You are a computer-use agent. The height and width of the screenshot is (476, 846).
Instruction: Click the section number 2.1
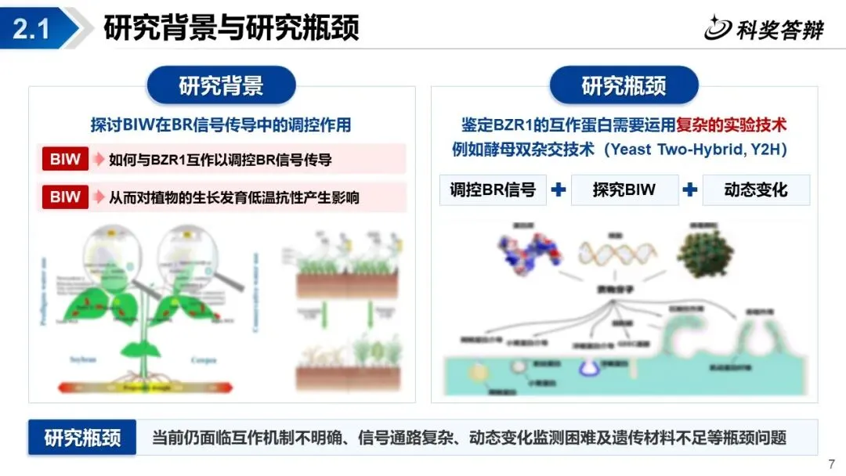click(31, 29)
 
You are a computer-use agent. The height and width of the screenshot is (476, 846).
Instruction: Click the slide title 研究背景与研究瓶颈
click(231, 28)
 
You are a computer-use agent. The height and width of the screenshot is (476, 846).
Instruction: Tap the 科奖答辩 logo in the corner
click(763, 29)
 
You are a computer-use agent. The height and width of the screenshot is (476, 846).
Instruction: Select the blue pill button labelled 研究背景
click(221, 85)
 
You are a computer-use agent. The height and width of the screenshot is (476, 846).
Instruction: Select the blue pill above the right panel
click(624, 85)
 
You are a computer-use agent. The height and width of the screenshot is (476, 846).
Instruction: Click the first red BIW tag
click(65, 160)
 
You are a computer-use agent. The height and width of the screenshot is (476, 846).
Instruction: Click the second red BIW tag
click(65, 197)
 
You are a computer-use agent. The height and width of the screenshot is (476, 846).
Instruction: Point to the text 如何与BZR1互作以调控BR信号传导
click(220, 160)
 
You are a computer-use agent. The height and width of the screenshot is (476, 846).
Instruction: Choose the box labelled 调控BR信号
click(493, 189)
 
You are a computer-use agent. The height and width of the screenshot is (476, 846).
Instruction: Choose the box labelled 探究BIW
click(624, 189)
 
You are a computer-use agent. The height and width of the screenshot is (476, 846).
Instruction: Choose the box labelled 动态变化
click(756, 189)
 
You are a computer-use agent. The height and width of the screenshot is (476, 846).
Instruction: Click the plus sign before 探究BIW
click(559, 189)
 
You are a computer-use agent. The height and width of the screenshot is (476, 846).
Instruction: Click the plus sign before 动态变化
click(690, 189)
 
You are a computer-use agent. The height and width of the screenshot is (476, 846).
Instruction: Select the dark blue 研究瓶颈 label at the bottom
click(82, 438)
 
